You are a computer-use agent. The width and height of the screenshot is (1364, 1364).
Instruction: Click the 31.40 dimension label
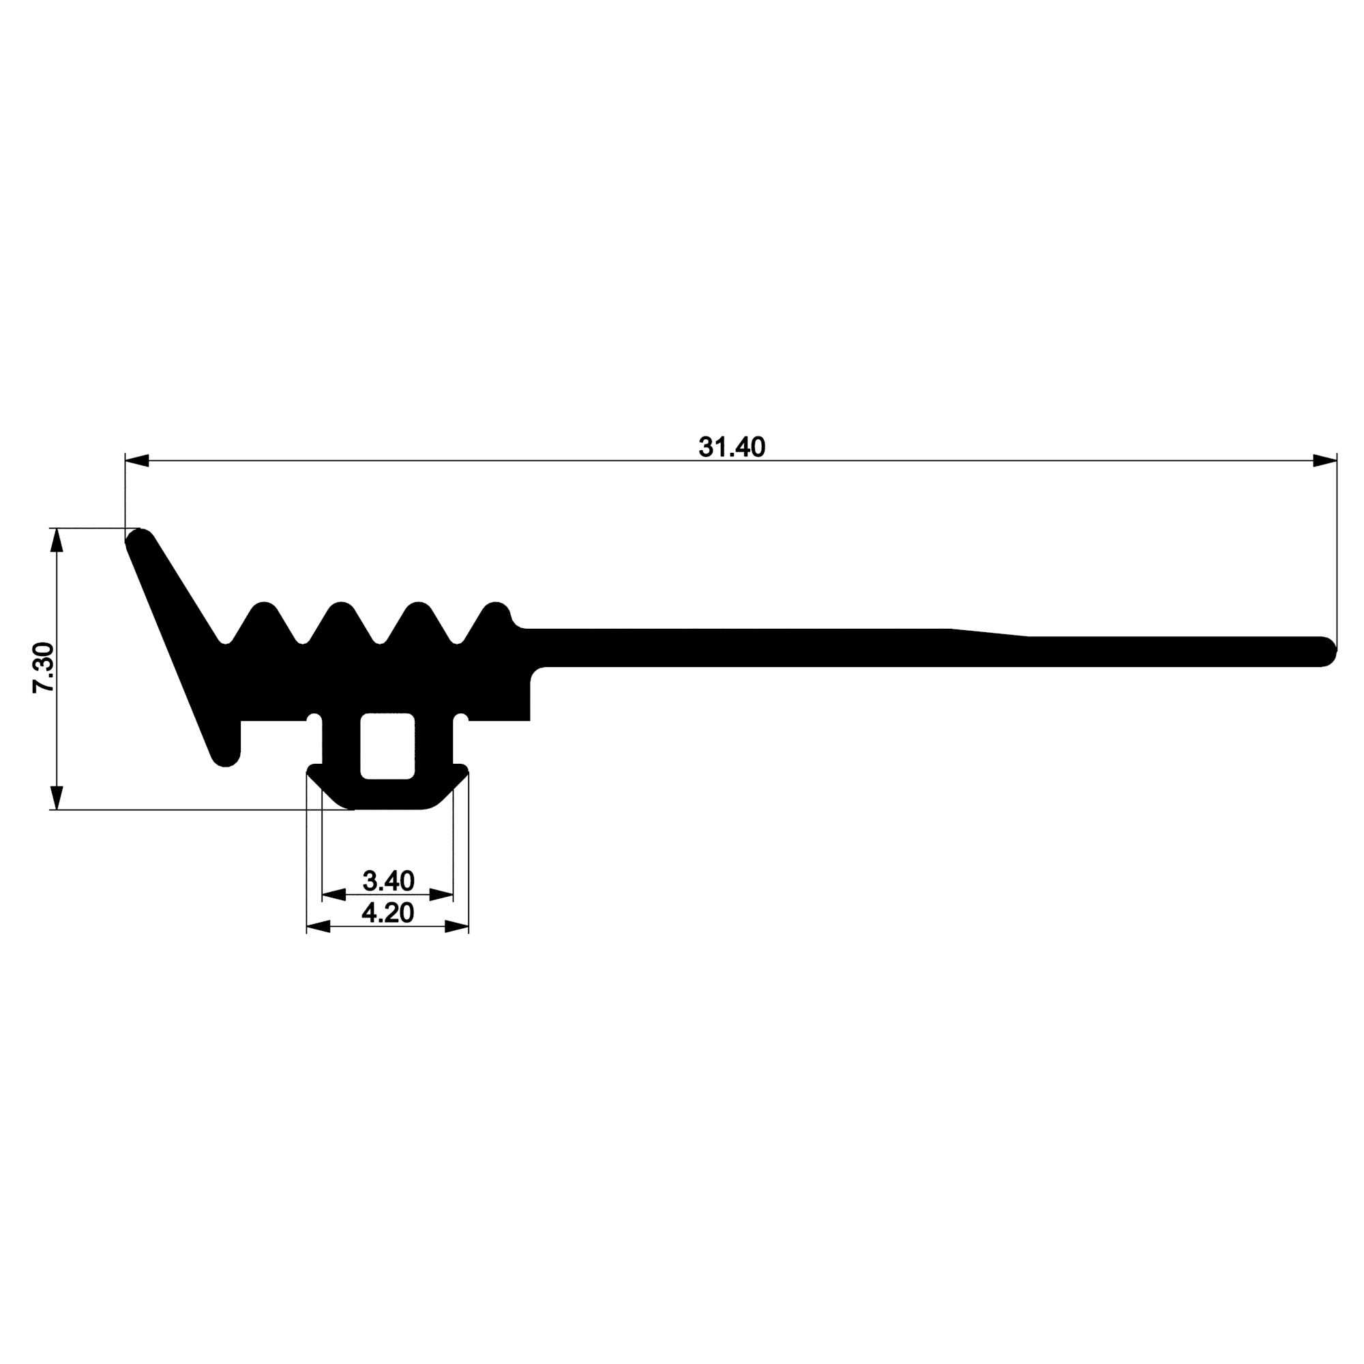731,447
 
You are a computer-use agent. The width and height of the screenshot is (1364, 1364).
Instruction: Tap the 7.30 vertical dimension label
43,668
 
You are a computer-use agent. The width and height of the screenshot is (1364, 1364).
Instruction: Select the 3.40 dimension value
387,880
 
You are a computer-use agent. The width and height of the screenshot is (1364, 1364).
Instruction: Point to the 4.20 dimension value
387,913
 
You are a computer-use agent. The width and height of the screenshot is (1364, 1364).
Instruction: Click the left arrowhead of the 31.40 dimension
137,461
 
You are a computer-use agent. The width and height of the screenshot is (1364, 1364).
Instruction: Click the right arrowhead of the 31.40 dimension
1324,461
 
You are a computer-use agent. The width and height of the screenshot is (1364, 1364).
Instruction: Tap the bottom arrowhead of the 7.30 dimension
57,798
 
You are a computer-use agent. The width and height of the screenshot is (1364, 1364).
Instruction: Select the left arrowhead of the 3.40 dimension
334,895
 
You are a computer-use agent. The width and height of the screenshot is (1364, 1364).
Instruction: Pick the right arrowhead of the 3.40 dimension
441,895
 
